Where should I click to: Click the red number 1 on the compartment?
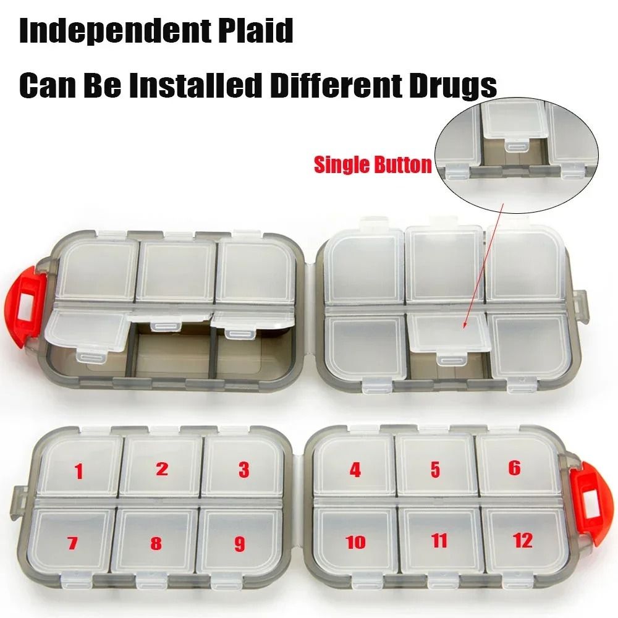click(78, 472)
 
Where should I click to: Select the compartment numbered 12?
click(522, 541)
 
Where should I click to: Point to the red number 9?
click(240, 544)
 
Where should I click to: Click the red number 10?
click(355, 543)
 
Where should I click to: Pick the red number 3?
click(244, 470)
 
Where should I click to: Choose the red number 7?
click(72, 544)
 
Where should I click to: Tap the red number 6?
click(514, 468)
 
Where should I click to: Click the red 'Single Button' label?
click(373, 165)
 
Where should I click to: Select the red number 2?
click(162, 468)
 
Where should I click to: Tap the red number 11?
click(439, 541)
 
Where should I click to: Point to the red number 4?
click(355, 470)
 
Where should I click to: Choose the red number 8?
click(156, 544)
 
